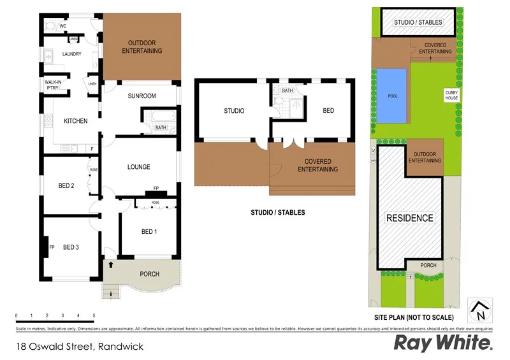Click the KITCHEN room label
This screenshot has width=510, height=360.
(75, 121)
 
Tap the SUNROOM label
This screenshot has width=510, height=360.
(142, 96)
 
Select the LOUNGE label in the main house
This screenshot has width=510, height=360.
(138, 167)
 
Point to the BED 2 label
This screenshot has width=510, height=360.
(67, 186)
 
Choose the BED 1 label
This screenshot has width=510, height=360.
(147, 231)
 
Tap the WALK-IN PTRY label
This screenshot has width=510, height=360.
(53, 86)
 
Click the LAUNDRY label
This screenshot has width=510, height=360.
(71, 54)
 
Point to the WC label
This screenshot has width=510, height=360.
(63, 27)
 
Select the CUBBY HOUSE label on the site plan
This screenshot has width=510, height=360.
(451, 95)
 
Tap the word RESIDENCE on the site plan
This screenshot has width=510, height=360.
(410, 218)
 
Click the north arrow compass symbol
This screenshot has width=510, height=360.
(481, 310)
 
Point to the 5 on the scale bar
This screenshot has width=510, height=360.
(94, 315)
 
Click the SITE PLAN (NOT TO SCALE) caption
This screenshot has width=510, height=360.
(414, 317)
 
